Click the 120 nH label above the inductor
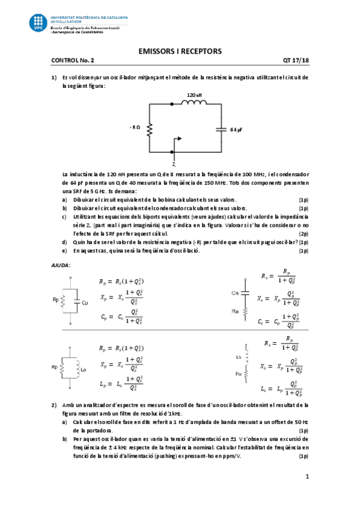coord(194,95)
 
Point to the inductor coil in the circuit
coord(194,103)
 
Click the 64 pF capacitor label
coord(236,129)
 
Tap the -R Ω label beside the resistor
coord(135,127)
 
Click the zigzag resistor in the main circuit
coord(150,128)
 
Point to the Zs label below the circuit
coord(173,164)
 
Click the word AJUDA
coord(61,265)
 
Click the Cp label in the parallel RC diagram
coord(85,303)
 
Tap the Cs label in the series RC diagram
coord(236,293)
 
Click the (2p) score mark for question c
coord(304,233)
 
